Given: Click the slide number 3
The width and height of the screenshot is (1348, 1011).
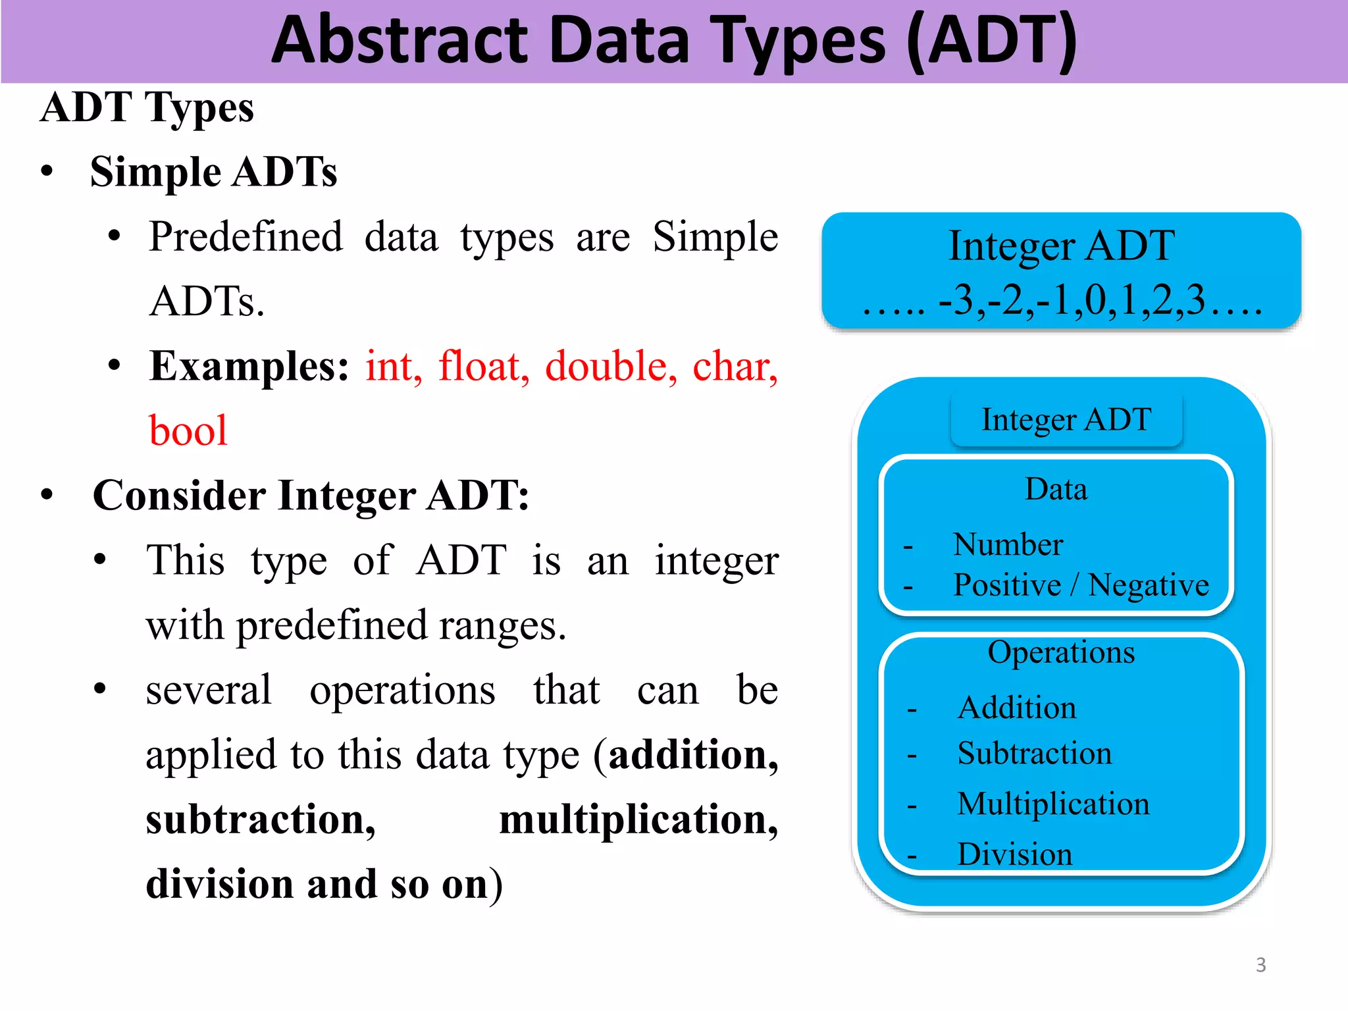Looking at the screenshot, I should pos(1260,965).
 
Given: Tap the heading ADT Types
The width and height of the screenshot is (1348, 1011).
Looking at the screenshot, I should pos(147,107).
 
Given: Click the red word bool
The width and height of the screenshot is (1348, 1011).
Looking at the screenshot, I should pos(188,431).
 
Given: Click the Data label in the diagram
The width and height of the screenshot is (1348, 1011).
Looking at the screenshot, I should pos(1056,490).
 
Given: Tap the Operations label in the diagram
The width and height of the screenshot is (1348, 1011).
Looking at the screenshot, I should pos(1061,652).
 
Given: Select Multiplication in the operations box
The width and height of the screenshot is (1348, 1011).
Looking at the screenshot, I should pos(1053,804).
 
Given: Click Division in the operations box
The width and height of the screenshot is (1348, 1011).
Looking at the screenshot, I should pos(1014,854).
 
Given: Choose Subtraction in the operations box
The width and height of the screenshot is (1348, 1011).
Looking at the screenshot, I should pos(1034,753).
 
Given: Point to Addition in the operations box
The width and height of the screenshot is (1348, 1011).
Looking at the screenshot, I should pos(1017,708).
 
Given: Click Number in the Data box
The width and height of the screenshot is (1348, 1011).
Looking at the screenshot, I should pos(1008,544).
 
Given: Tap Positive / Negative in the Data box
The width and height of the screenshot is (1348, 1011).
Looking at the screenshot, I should pos(1081,584).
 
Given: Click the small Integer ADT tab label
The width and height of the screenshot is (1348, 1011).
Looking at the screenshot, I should pos(1066,419).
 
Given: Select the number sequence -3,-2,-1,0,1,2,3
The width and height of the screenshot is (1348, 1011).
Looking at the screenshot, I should pos(1072,300).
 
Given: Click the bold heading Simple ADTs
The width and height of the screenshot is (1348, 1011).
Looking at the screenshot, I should pos(213,172).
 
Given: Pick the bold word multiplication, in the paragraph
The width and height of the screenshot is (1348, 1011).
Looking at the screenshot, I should pos(638,820).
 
